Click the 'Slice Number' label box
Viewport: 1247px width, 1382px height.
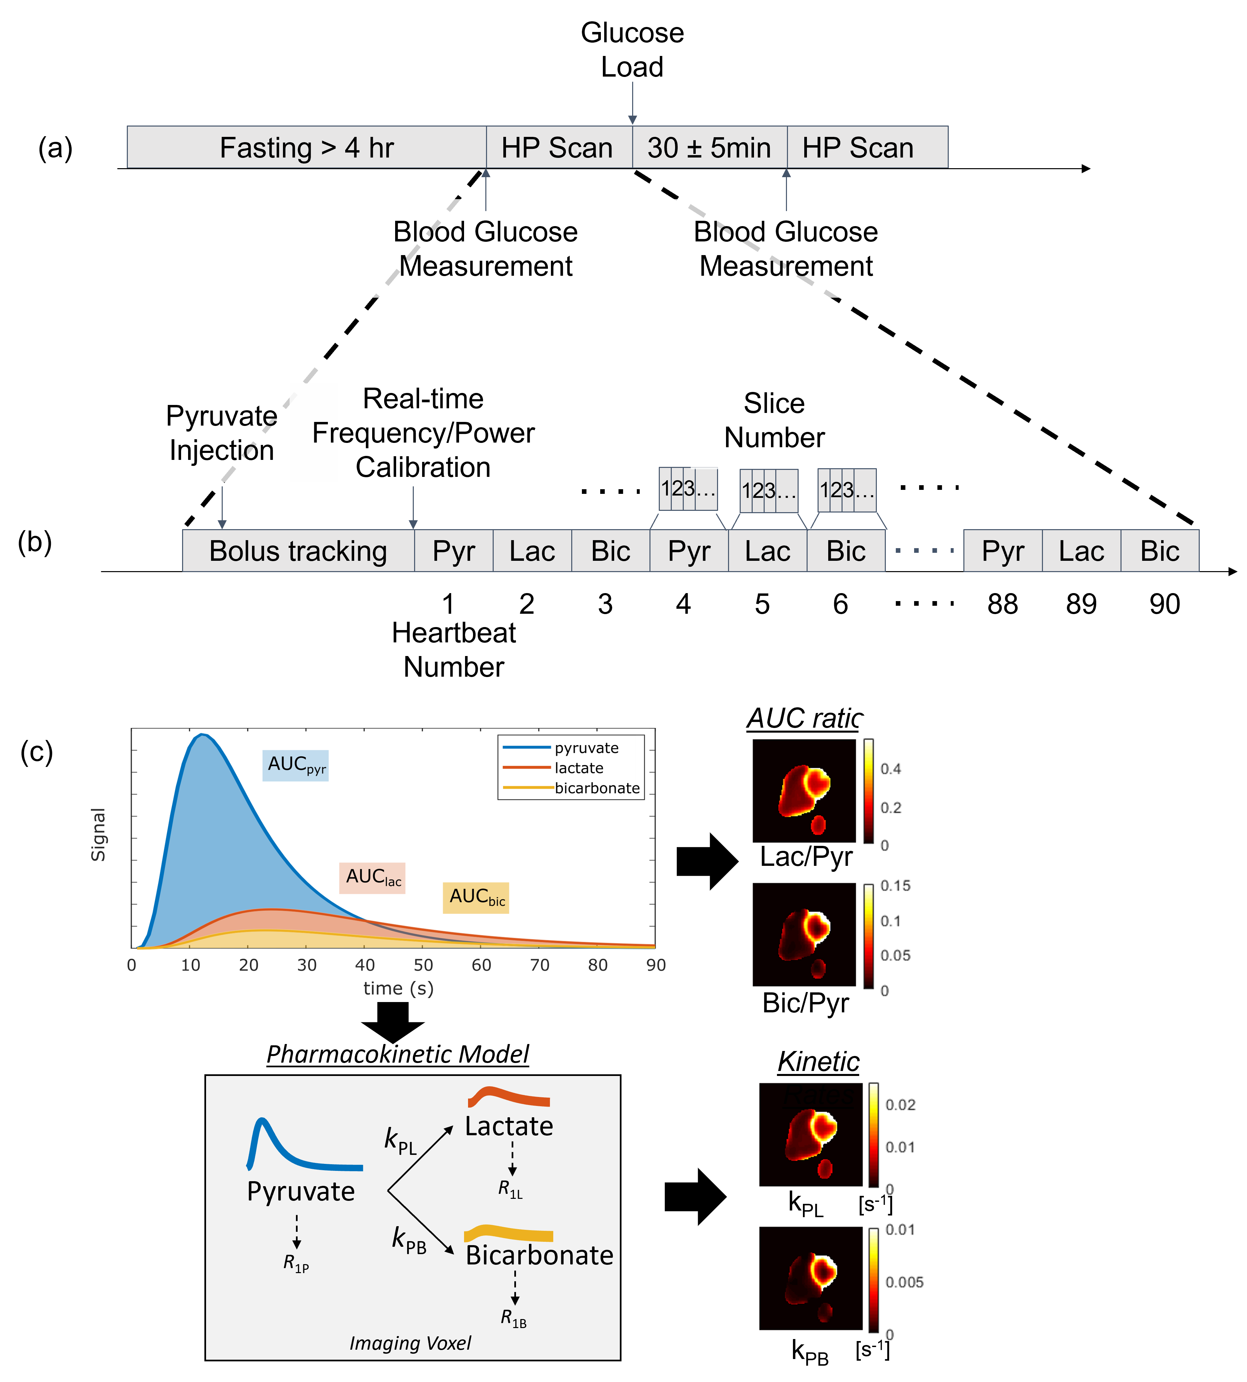[x=774, y=420]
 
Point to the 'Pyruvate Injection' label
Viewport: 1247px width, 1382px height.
[x=221, y=433]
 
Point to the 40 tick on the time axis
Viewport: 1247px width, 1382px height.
[x=365, y=965]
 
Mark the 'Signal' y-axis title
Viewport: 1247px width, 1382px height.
[x=99, y=834]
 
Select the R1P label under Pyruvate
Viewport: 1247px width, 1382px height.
[x=296, y=1263]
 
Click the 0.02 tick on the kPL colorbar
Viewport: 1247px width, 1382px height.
[x=899, y=1104]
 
